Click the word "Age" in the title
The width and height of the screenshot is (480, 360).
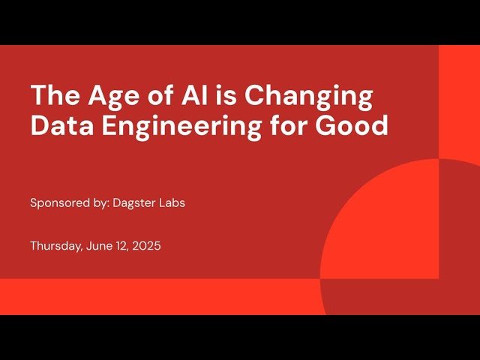tap(109, 97)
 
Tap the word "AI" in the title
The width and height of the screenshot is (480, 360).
tap(190, 97)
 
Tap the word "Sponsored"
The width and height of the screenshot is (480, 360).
tap(57, 203)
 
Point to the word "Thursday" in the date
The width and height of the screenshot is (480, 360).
tap(52, 245)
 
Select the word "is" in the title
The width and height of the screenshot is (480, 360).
tap(228, 97)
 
